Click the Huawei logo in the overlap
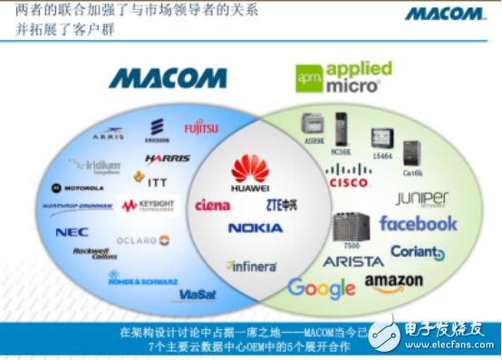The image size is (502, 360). click(x=250, y=172)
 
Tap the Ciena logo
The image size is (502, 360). click(x=212, y=205)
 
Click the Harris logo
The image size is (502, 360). click(x=168, y=159)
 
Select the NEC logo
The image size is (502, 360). click(x=72, y=231)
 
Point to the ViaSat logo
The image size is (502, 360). click(x=196, y=294)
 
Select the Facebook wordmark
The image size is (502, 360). click(x=418, y=223)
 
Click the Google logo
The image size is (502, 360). click(x=321, y=288)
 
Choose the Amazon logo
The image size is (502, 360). click(x=395, y=283)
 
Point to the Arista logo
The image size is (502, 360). click(x=352, y=261)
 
